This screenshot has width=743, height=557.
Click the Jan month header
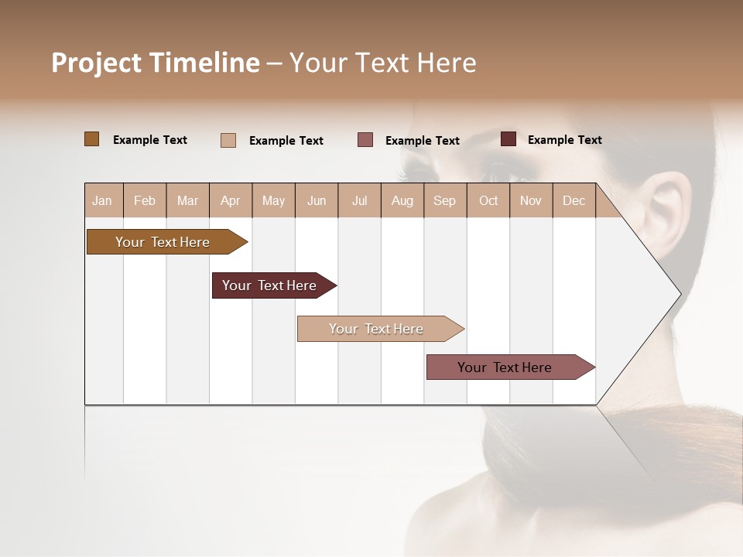(x=102, y=200)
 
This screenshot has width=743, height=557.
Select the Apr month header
(x=231, y=200)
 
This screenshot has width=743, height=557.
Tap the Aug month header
(x=402, y=200)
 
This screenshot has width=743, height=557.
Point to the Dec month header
(x=574, y=200)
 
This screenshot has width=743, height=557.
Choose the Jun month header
(x=317, y=200)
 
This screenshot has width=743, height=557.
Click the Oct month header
(x=488, y=200)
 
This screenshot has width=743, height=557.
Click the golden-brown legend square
(x=91, y=139)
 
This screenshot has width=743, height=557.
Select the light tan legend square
(x=228, y=140)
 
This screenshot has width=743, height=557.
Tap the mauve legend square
(x=365, y=140)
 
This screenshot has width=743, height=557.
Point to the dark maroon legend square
(x=508, y=139)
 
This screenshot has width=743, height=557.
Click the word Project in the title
(x=97, y=63)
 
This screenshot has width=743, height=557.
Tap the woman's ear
(x=672, y=213)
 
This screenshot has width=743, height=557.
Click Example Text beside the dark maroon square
(x=564, y=139)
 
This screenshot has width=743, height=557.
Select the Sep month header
(x=444, y=200)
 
